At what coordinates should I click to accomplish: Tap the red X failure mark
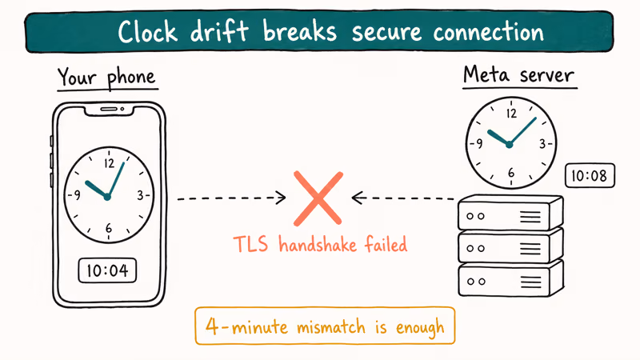[x=318, y=198]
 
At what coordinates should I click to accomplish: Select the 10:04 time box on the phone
[x=107, y=271]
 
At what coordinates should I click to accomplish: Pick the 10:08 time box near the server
[x=590, y=176]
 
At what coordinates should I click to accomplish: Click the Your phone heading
[x=106, y=78]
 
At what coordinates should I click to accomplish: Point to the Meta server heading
[x=518, y=77]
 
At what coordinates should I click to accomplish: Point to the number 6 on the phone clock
[x=108, y=230]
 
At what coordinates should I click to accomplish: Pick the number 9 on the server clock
[x=478, y=144]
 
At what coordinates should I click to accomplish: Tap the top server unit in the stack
[x=510, y=214]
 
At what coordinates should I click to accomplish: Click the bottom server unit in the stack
[x=510, y=281]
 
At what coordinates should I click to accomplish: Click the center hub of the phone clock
[x=107, y=196]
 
